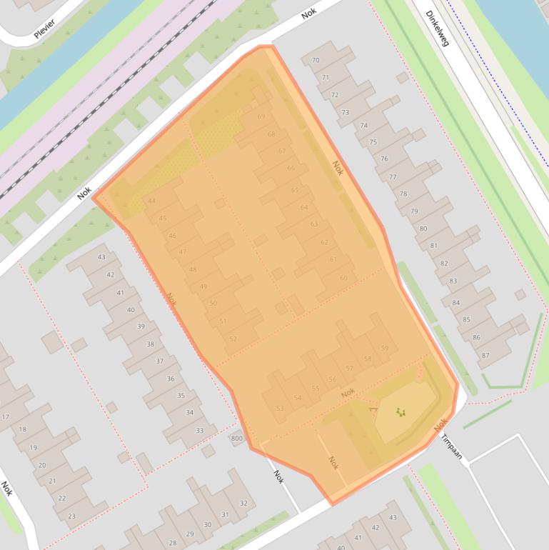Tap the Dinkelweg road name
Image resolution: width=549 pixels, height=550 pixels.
click(437, 29)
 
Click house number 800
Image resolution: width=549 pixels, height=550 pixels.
click(237, 439)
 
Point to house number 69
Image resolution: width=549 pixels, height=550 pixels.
click(261, 116)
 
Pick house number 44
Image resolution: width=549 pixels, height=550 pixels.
click(151, 201)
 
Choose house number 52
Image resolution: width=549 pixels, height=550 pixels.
click(233, 339)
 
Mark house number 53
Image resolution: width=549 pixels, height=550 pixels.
click(280, 409)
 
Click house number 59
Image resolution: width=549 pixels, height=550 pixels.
click(385, 348)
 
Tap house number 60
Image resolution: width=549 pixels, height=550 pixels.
click(343, 278)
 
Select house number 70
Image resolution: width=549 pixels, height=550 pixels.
click(316, 61)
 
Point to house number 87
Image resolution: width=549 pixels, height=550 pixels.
click(485, 355)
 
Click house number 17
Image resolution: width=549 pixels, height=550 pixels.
click(6, 416)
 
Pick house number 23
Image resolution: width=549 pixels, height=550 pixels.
click(71, 516)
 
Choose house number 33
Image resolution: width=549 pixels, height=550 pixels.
click(200, 431)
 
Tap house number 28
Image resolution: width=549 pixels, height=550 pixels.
click(173, 543)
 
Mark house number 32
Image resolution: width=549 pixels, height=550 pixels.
click(243, 504)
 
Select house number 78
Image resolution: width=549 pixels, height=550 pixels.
click(403, 194)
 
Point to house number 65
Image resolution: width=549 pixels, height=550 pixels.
click(295, 190)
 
